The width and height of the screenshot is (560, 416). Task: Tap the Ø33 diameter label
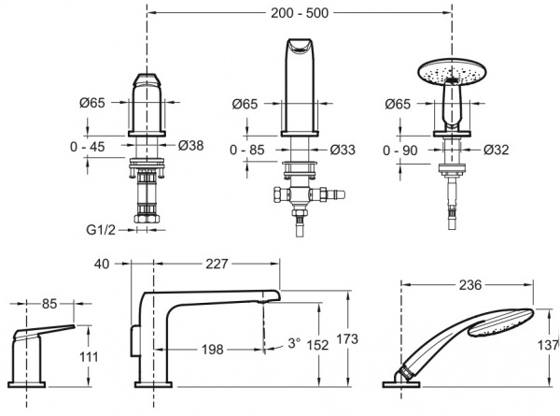pyautogui.click(x=343, y=149)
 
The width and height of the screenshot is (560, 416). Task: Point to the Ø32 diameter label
pyautogui.click(x=496, y=149)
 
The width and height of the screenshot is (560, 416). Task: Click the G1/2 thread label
pyautogui.click(x=103, y=227)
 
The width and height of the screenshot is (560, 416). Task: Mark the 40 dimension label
pyautogui.click(x=100, y=265)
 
